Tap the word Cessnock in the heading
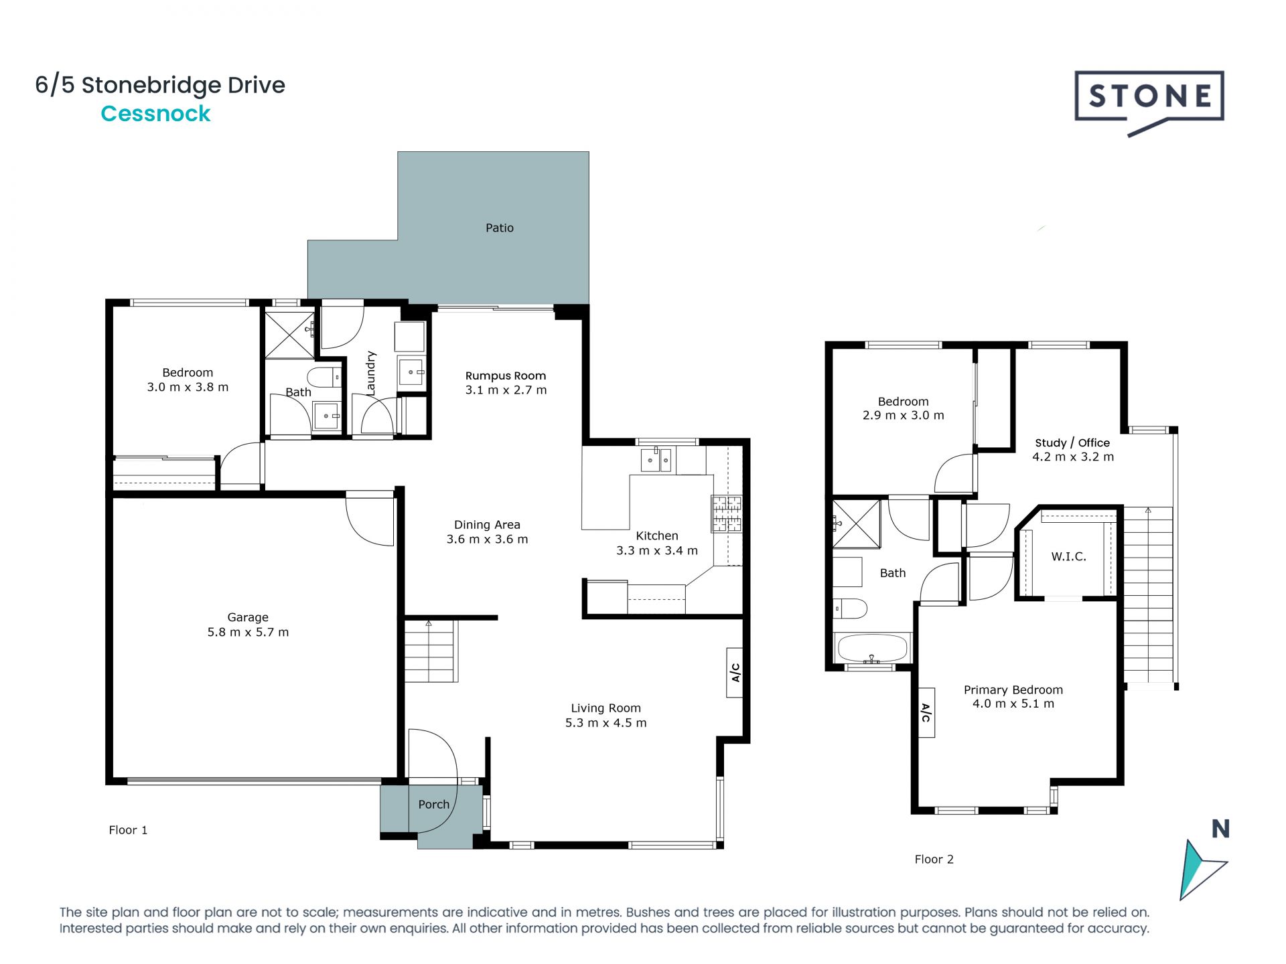pos(155,114)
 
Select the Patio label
pos(499,228)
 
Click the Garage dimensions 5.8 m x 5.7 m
pos(248,632)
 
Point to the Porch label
pos(433,805)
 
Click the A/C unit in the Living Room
pos(735,672)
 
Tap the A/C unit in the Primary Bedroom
pos(926,712)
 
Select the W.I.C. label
pos(1068,556)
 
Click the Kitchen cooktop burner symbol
pos(727,514)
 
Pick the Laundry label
pos(370,373)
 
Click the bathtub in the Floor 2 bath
pos(872,647)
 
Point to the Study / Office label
pos(1072,443)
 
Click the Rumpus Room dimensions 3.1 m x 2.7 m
pos(506,390)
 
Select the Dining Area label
pos(487,525)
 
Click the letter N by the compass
pos(1220,829)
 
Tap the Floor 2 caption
pos(934,860)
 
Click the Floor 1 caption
pos(128,830)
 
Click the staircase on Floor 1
pos(430,651)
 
